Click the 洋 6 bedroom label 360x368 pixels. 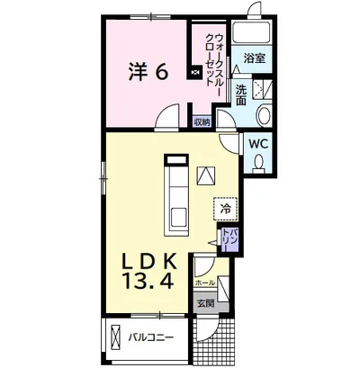click(x=148, y=72)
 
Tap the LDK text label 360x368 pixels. click(x=148, y=263)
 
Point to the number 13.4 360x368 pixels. click(x=148, y=282)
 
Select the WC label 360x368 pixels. click(x=258, y=145)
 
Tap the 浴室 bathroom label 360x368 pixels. click(x=255, y=58)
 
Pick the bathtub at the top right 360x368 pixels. click(x=252, y=33)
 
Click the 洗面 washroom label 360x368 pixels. click(x=240, y=94)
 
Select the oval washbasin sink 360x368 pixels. click(x=264, y=115)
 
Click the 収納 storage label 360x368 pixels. click(x=202, y=122)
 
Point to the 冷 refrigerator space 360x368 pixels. click(x=226, y=210)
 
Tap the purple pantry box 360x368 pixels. click(x=229, y=239)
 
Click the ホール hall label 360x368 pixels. click(x=205, y=283)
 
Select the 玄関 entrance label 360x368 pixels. click(x=205, y=304)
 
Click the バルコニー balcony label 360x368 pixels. click(x=151, y=338)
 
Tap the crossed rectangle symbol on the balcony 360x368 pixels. click(x=116, y=337)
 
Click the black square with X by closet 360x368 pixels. click(x=194, y=72)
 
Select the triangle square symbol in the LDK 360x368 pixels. click(x=206, y=175)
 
